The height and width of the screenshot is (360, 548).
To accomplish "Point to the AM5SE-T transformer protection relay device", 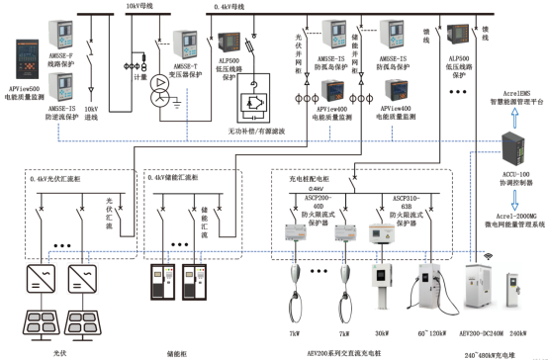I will coord(186,43).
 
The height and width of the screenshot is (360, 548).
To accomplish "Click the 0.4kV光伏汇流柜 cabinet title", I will coord(66,178).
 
